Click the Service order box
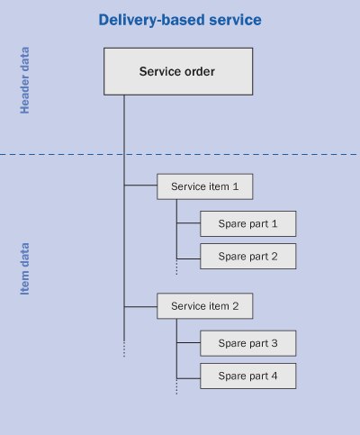click(178, 71)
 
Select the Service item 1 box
click(205, 186)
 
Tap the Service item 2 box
click(205, 306)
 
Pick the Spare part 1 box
click(248, 223)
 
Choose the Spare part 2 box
click(248, 256)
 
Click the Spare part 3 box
click(248, 343)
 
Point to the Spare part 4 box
click(248, 376)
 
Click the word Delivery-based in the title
click(152, 20)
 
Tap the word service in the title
click(235, 20)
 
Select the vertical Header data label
click(24, 80)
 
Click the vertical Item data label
click(24, 268)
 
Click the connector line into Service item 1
click(140, 186)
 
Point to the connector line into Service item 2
click(140, 307)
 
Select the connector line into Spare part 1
click(188, 223)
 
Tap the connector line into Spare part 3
click(188, 342)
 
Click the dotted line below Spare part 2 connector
click(176, 267)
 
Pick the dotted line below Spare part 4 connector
click(176, 386)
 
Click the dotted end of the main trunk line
click(124, 349)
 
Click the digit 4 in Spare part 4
click(274, 376)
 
